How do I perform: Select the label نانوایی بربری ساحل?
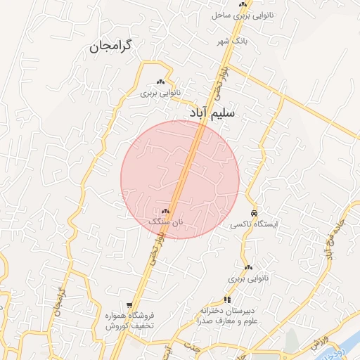coord(241,14)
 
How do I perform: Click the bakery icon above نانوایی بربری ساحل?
coord(243,4)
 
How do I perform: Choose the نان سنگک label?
coord(165,221)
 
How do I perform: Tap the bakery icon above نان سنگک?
coord(165,211)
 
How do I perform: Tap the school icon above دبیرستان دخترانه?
coord(227,300)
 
